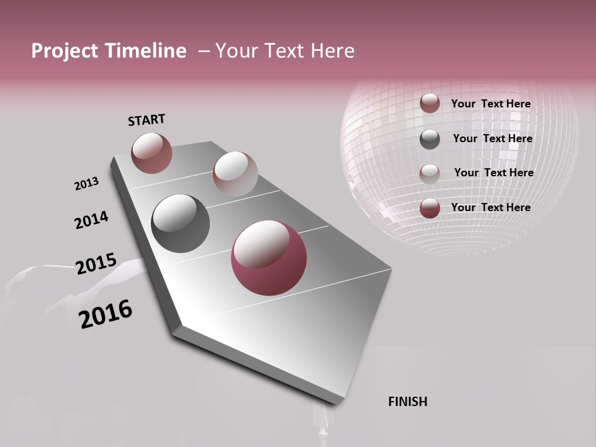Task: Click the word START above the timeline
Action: (147, 120)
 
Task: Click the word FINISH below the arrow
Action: (407, 402)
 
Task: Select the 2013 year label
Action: (87, 183)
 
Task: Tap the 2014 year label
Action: (91, 220)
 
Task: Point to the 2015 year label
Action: (96, 264)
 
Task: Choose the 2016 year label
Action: (106, 314)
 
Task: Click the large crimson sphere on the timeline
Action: (269, 258)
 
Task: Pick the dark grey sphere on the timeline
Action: (180, 223)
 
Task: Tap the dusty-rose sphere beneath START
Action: (151, 153)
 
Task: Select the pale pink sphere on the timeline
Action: (235, 174)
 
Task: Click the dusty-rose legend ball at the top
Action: (430, 103)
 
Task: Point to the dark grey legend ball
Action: (430, 138)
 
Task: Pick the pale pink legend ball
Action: (430, 173)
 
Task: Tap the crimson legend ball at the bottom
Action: (430, 208)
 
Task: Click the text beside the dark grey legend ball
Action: (492, 138)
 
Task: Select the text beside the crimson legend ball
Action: (490, 207)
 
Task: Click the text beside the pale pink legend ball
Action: (494, 173)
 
